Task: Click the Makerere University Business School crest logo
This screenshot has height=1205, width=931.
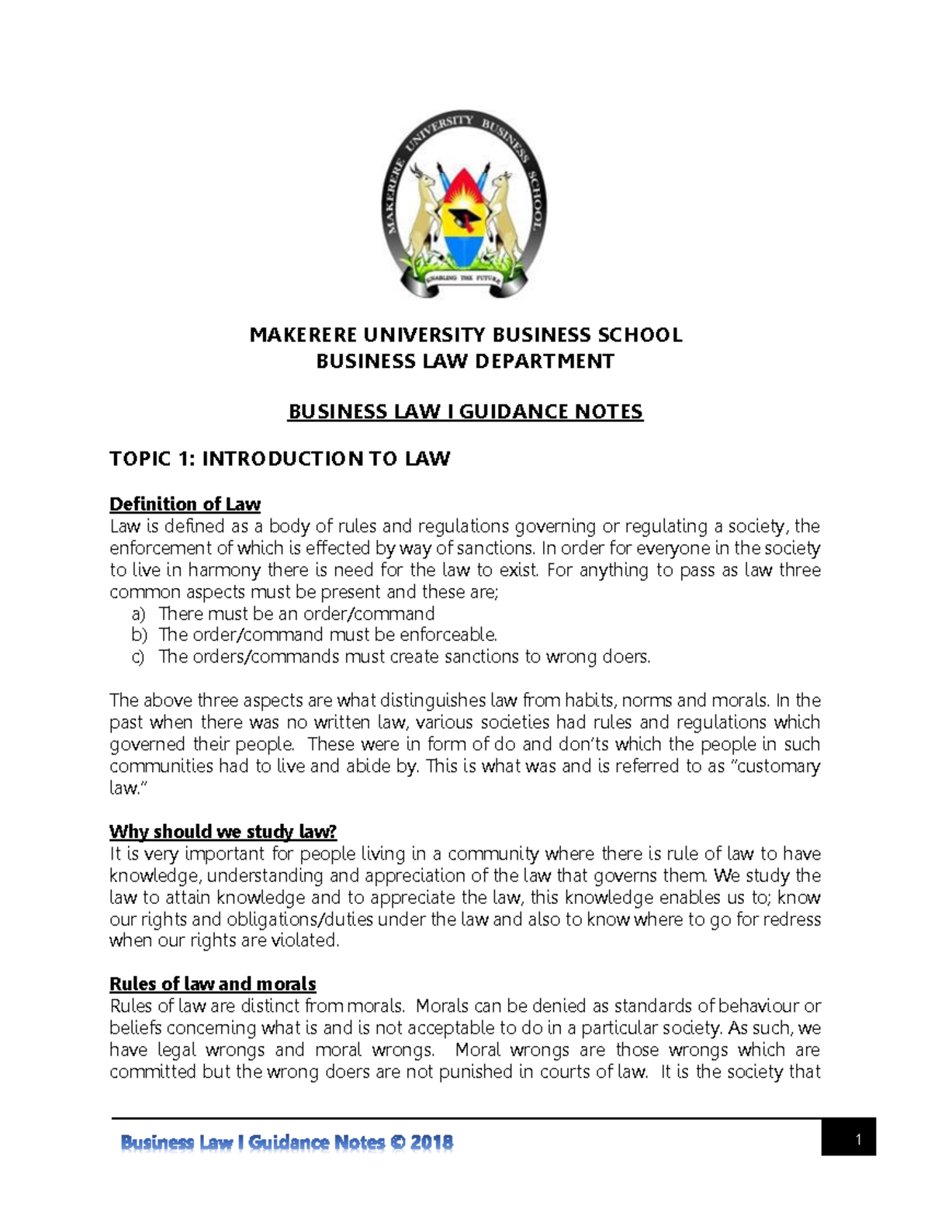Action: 465,204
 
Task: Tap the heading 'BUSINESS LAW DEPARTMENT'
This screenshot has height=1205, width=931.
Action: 465,361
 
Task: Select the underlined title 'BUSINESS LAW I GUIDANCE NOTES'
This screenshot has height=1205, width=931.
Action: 465,411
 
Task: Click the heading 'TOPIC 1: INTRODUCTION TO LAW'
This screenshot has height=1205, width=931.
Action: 279,459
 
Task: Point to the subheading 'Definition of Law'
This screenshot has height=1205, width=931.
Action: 185,504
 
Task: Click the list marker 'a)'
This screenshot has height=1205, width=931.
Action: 138,614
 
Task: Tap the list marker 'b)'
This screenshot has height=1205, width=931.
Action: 138,635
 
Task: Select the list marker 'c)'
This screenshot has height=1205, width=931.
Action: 138,657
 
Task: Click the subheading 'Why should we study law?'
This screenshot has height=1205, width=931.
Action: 223,832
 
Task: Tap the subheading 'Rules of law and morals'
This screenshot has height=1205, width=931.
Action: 213,984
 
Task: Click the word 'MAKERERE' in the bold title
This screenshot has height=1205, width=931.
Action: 303,335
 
